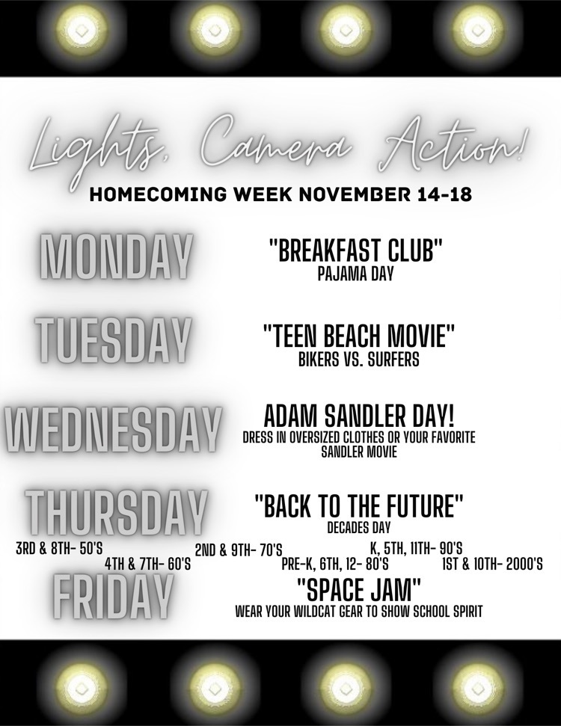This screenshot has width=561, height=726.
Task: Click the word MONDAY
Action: pos(115,256)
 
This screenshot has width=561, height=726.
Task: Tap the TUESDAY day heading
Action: pos(113,340)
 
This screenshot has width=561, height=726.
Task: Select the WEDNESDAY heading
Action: pos(112,431)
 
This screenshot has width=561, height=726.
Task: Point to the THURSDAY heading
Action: pos(115,512)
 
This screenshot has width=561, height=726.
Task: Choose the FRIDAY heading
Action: pos(113,597)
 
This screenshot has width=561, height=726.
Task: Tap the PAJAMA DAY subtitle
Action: pos(355,274)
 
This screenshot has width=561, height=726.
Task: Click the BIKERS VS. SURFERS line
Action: pos(358,360)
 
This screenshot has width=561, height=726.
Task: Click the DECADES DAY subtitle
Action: pos(359,527)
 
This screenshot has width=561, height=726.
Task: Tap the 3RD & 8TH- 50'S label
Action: pos(59,549)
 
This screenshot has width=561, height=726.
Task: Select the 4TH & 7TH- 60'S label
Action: pos(148,564)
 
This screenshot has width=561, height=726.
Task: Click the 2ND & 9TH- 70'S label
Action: pos(239,550)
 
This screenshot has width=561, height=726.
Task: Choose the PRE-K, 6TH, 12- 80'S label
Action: pos(335,564)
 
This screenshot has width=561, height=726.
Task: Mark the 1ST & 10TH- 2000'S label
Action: pos(492,564)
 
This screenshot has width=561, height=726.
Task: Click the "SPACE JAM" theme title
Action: pos(358,590)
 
